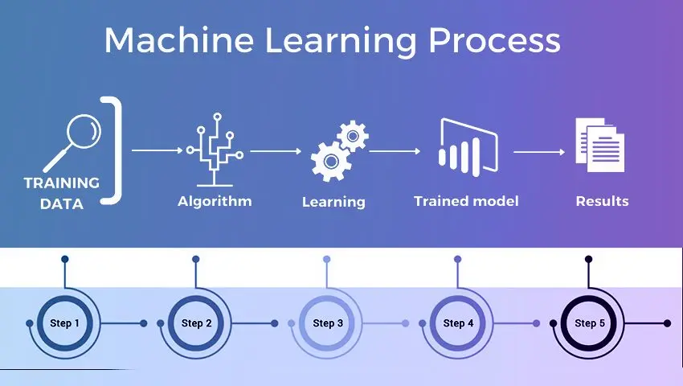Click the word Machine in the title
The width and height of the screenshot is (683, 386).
click(179, 40)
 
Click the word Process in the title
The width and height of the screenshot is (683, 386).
click(494, 40)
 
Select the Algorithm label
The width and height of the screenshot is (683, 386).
click(215, 201)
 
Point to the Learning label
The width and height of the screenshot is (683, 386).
click(333, 202)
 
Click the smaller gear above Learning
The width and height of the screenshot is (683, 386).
click(353, 136)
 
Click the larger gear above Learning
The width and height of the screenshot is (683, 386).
click(331, 162)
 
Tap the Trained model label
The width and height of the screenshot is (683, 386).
click(466, 201)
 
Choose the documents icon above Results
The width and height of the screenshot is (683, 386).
click(599, 145)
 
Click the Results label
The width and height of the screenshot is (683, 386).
click(603, 201)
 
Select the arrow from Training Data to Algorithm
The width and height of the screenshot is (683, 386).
click(157, 150)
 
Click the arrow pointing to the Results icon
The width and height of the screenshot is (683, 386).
click(539, 152)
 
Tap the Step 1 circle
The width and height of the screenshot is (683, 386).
click(65, 323)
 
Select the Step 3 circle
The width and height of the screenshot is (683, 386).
click(327, 323)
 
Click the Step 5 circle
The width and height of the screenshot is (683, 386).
click(589, 323)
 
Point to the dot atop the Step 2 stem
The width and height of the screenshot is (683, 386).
click(196, 259)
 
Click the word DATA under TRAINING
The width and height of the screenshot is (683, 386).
click(62, 203)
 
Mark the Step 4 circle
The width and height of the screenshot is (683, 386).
click(458, 323)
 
